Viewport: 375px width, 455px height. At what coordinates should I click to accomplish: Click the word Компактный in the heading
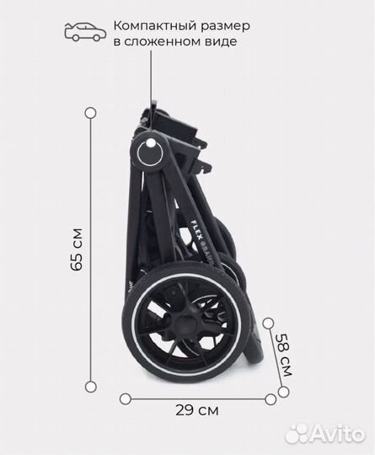coord(151,25)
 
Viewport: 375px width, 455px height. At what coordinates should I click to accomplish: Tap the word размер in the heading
coord(221,27)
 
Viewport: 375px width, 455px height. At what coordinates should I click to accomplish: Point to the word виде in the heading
coord(225,41)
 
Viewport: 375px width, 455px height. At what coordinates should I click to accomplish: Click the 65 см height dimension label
coord(77,249)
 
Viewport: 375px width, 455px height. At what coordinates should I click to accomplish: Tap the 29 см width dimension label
coord(197,410)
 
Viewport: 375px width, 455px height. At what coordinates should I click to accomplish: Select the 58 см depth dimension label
coord(284,355)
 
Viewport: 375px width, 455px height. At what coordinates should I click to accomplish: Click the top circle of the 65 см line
coord(91,113)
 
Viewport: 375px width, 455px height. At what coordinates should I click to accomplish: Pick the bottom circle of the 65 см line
coord(91,387)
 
